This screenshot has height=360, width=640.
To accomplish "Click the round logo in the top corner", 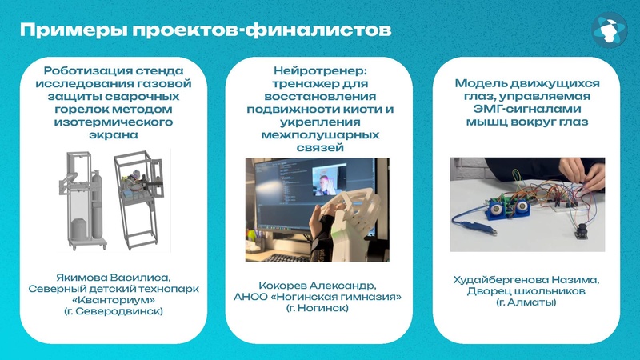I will (610, 30).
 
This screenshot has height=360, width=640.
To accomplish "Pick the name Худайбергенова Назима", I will (526, 279).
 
